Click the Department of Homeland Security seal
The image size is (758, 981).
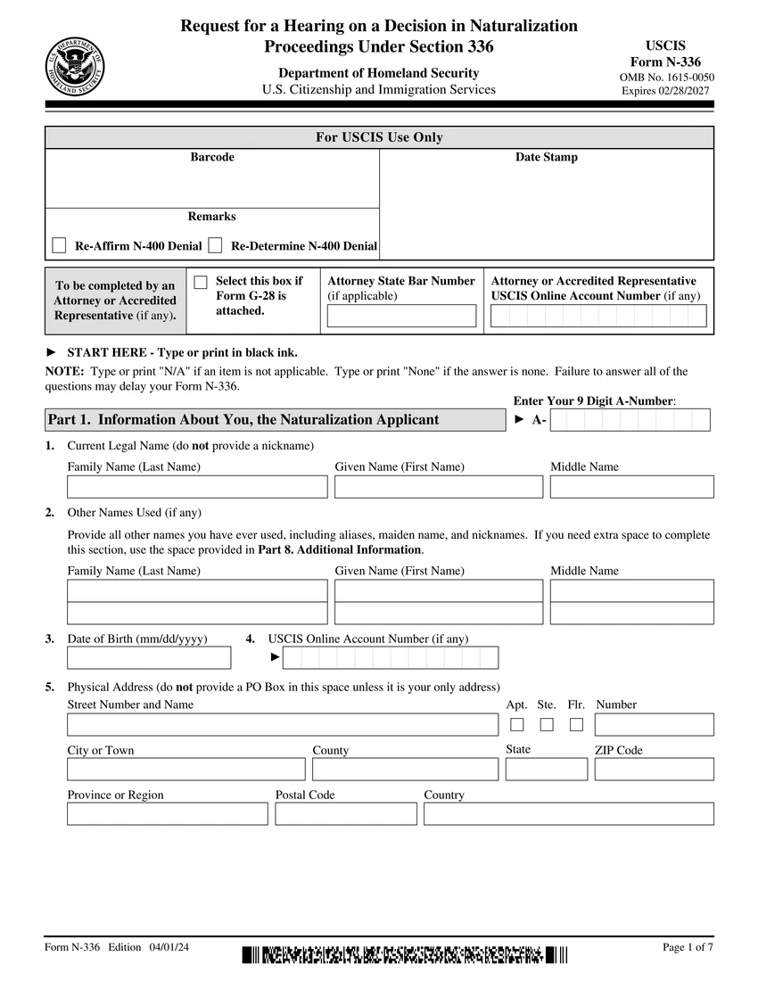tap(75, 67)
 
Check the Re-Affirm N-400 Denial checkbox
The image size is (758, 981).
tap(60, 245)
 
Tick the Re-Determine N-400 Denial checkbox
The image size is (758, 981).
tap(215, 245)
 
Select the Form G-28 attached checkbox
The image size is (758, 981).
tap(201, 282)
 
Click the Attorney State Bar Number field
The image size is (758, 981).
tap(401, 316)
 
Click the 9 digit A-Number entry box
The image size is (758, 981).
tap(630, 420)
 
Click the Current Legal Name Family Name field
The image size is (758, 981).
tap(197, 487)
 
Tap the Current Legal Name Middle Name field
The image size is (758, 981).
tap(631, 487)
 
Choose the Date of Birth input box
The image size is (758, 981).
tap(149, 658)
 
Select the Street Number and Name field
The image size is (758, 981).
tap(283, 724)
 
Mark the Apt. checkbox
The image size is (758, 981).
tap(517, 724)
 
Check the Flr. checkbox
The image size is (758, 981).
tap(577, 724)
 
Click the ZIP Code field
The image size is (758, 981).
tap(654, 769)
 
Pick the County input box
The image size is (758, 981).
tap(405, 769)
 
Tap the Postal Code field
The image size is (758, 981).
tap(346, 813)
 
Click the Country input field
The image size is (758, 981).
tap(568, 813)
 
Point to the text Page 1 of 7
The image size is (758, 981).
tap(688, 947)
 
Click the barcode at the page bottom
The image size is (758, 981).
tap(404, 955)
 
